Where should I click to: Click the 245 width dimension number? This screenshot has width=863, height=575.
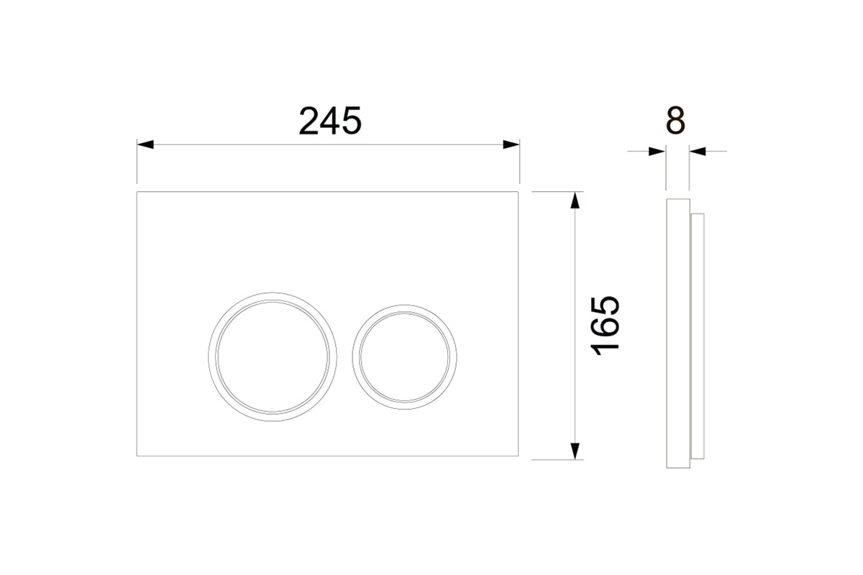tap(330, 121)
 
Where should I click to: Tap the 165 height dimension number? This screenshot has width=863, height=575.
tap(605, 326)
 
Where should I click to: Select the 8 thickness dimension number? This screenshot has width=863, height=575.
tap(676, 121)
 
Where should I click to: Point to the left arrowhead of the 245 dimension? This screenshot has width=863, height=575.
tap(145, 144)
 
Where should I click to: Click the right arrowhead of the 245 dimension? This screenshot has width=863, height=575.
tap(511, 144)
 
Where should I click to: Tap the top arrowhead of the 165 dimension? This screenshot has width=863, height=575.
tap(575, 201)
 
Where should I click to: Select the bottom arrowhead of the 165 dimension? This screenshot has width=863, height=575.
tap(575, 451)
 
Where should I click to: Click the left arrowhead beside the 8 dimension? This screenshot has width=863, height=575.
tap(657, 152)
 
